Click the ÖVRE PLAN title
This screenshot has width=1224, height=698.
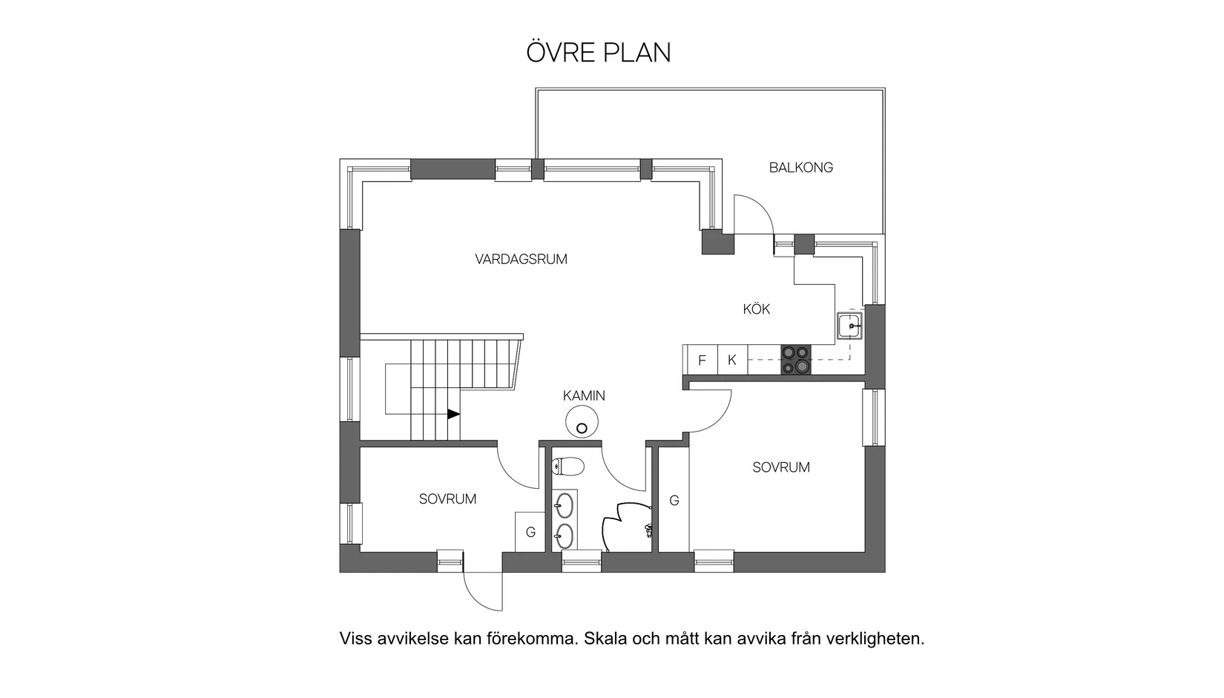598,53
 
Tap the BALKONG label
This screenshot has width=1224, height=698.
800,168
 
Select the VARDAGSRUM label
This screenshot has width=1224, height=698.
521,260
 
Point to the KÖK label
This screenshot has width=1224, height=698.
756,309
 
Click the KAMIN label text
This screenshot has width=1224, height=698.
584,396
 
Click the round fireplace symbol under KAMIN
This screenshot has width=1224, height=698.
582,424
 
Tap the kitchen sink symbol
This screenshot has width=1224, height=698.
850,325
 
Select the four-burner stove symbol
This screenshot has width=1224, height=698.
796,360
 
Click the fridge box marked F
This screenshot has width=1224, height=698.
701,360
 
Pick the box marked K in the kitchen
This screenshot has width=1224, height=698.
732,360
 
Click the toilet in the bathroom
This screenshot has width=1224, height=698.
568,467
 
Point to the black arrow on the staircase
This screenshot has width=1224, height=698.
453,414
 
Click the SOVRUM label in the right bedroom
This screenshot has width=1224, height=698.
780,467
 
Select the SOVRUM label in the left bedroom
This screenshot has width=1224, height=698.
447,499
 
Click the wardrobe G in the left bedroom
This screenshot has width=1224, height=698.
530,532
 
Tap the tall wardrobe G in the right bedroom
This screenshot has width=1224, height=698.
674,501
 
